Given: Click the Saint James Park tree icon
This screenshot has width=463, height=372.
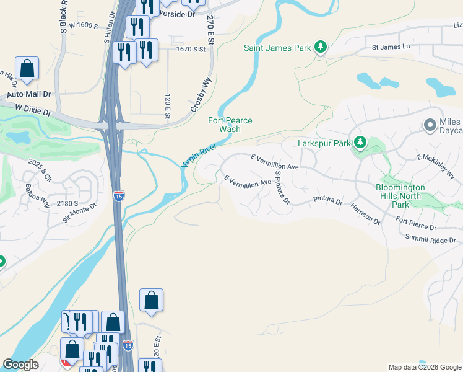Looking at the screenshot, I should [x=320, y=47].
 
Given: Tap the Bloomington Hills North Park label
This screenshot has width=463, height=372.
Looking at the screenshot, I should [x=400, y=196].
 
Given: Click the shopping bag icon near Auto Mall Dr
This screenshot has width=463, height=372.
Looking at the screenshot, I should [x=27, y=70].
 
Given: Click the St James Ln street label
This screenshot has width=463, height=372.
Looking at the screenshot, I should [x=391, y=46].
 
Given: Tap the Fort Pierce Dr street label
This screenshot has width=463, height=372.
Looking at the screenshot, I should [x=416, y=223].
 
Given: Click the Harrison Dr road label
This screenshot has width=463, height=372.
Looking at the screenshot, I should [x=365, y=213].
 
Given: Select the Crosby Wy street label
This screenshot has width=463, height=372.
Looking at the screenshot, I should [x=201, y=98].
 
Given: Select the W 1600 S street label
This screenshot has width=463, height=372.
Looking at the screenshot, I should [x=84, y=25].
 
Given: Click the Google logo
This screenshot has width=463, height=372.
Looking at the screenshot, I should [x=20, y=365].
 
